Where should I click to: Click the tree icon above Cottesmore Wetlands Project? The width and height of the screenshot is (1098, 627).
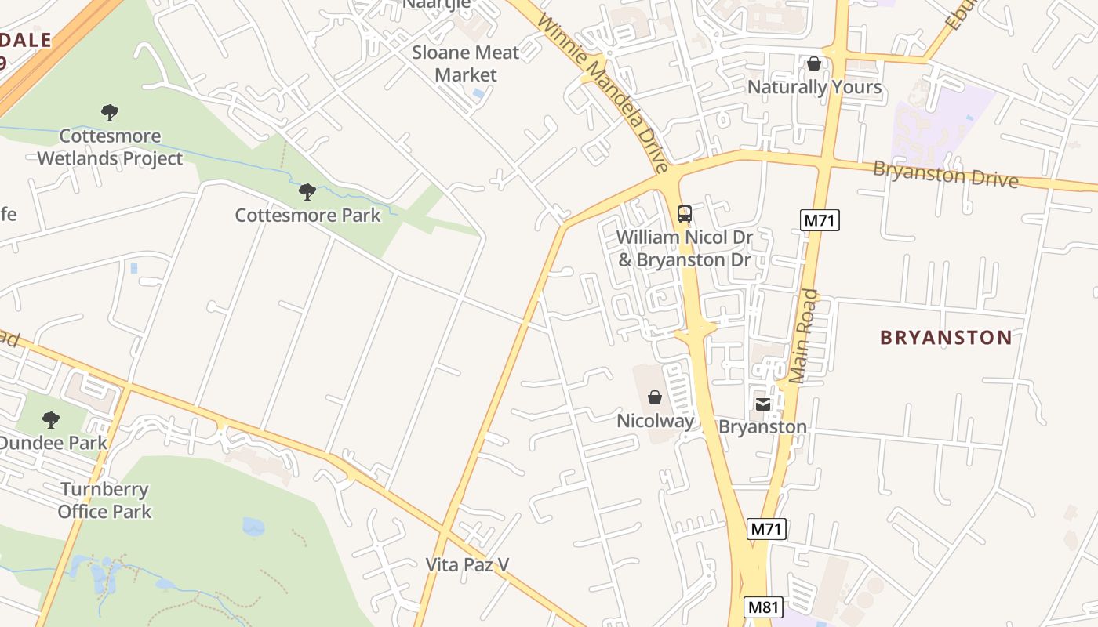click(x=110, y=113)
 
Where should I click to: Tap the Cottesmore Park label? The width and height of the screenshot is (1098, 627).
click(x=307, y=215)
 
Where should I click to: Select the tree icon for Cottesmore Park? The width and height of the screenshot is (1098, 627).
click(x=307, y=192)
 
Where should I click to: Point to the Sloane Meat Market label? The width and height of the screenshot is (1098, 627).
click(x=465, y=63)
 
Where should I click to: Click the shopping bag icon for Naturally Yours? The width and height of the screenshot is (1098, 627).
click(x=814, y=63)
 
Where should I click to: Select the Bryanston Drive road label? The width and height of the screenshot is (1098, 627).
click(x=945, y=174)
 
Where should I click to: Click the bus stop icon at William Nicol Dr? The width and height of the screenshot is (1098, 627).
click(x=684, y=213)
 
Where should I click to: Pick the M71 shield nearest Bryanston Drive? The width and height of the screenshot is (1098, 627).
click(x=820, y=220)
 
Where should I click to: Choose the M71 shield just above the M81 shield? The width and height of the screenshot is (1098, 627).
click(x=766, y=529)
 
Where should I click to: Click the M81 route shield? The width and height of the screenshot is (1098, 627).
click(x=763, y=607)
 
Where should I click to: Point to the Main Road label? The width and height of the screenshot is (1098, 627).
click(x=804, y=336)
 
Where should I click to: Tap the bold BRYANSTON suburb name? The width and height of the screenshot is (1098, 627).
click(x=946, y=338)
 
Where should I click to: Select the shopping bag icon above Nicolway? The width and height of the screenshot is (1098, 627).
click(x=655, y=397)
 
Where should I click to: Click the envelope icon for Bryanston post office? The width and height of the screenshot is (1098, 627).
click(x=763, y=404)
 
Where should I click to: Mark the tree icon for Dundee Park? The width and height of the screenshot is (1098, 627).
click(x=51, y=420)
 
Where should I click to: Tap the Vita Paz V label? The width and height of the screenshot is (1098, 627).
click(x=467, y=564)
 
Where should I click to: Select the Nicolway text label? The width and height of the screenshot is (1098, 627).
click(x=655, y=421)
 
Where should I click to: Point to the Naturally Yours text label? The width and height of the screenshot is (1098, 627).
click(x=814, y=87)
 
